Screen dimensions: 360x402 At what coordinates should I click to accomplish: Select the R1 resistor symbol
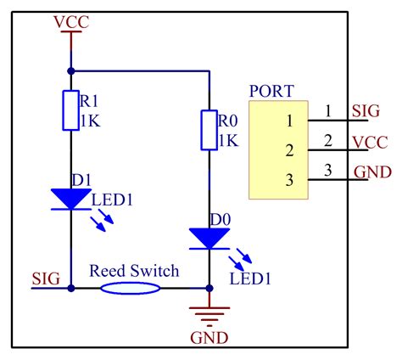(70, 110)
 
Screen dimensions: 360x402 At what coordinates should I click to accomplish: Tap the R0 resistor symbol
(208, 128)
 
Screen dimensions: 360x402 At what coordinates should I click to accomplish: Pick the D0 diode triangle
(208, 239)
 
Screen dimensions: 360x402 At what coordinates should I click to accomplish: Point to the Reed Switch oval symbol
(131, 288)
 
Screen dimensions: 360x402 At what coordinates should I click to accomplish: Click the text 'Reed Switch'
(135, 271)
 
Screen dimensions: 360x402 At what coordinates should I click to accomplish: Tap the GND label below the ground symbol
(209, 337)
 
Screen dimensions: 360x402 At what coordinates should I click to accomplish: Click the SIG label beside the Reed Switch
(45, 277)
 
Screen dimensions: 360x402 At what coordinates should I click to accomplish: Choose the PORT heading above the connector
(271, 91)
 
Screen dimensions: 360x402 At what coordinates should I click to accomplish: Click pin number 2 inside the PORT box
(289, 151)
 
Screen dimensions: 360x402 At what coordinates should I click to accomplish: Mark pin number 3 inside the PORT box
(289, 179)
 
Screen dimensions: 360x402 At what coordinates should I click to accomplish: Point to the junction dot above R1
(70, 71)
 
